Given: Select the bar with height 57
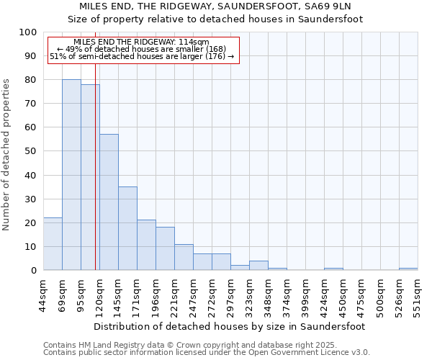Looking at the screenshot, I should [x=109, y=202].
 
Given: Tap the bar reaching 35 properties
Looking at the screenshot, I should [x=127, y=228].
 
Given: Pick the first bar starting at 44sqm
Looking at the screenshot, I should [x=53, y=244].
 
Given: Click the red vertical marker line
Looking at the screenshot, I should [x=95, y=180].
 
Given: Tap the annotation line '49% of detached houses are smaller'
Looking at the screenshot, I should [x=141, y=49].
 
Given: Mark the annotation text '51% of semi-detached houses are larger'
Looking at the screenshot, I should [x=141, y=56].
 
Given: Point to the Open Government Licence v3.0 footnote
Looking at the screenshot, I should [x=207, y=352].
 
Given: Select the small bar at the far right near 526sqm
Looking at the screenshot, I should [x=408, y=269].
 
